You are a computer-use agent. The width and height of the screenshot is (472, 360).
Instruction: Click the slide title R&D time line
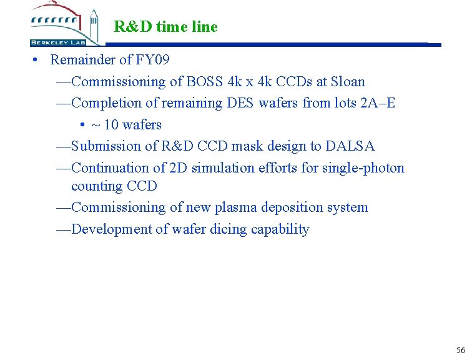pyautogui.click(x=165, y=27)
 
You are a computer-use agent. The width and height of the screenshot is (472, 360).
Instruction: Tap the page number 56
pyautogui.click(x=461, y=350)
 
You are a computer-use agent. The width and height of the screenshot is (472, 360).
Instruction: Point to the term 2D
pyautogui.click(x=177, y=168)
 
